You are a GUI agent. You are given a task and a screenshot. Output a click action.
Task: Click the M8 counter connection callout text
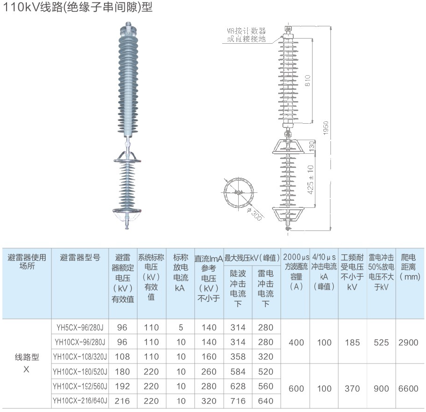(246, 35)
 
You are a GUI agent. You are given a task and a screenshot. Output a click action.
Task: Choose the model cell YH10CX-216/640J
(80, 401)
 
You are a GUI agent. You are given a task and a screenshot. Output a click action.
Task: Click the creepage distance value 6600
(408, 388)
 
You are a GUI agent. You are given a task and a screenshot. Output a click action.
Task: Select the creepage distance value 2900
(408, 342)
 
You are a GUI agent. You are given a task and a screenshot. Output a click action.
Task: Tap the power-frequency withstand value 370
(352, 388)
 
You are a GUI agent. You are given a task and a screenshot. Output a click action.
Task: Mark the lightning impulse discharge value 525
(381, 342)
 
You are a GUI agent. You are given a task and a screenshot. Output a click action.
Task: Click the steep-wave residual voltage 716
(238, 401)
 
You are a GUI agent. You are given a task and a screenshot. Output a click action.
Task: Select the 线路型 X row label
(26, 363)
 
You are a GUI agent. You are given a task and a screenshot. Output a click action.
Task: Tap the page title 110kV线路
(78, 8)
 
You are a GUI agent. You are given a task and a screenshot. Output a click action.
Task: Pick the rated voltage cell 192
(122, 386)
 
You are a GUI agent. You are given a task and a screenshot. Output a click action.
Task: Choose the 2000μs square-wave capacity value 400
(296, 342)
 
